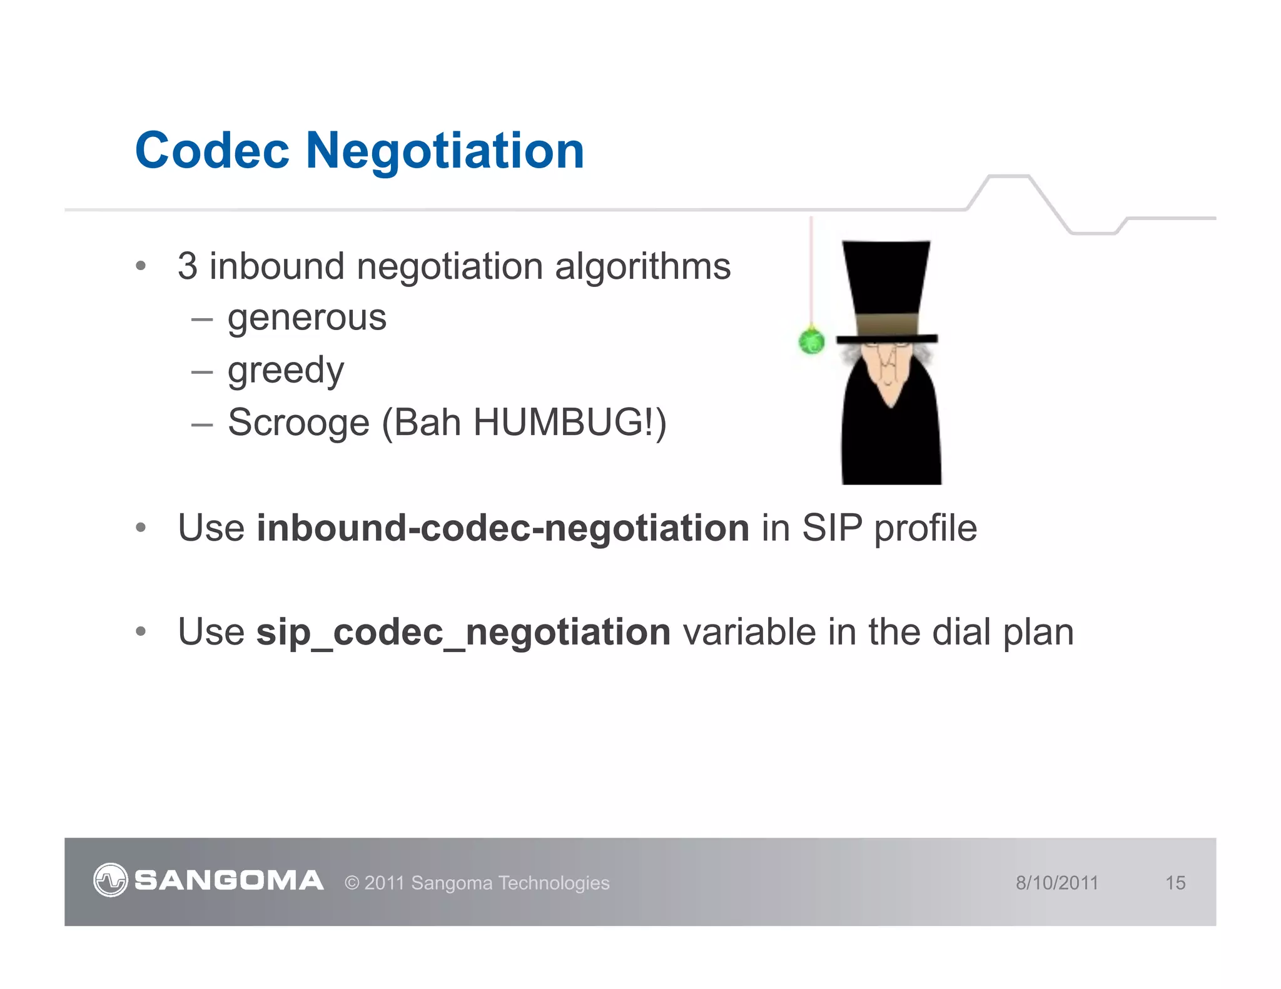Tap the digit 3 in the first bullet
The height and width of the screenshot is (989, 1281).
tap(187, 266)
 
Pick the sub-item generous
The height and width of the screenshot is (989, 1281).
tap(306, 318)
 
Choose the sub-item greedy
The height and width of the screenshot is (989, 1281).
tap(286, 371)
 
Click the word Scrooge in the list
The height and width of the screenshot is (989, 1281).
tap(298, 423)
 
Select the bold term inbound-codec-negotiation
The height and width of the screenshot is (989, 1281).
tap(503, 528)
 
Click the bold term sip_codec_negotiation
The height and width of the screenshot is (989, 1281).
tap(463, 632)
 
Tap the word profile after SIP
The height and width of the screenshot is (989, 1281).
tap(925, 528)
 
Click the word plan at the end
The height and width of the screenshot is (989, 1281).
tap(1038, 632)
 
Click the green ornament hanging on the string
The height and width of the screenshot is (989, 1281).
tap(812, 341)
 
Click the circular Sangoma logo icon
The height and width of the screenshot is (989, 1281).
tap(110, 880)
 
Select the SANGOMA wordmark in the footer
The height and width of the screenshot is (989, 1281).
tap(229, 881)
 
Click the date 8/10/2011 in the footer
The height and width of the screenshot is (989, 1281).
tap(1056, 883)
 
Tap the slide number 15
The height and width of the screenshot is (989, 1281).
tap(1175, 883)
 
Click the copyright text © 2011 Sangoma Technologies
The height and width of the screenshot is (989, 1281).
tap(477, 883)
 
